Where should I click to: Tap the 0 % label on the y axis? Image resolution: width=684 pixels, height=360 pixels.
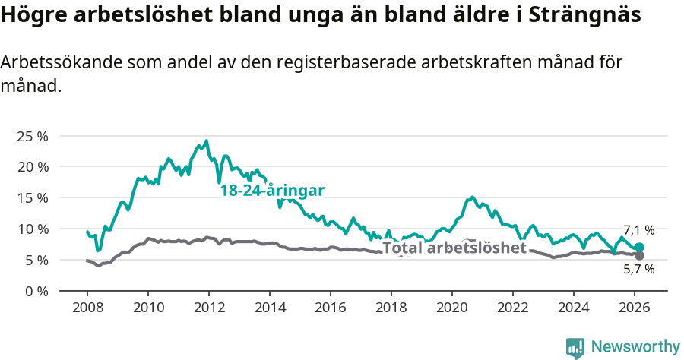pyautogui.click(x=37, y=291)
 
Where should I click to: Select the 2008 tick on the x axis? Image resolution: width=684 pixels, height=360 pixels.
pyautogui.click(x=87, y=307)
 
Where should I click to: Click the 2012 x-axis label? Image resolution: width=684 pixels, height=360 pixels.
pyautogui.click(x=209, y=307)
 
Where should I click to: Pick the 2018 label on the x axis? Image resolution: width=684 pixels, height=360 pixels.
pyautogui.click(x=391, y=307)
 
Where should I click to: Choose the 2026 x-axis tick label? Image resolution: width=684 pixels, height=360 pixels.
pyautogui.click(x=635, y=307)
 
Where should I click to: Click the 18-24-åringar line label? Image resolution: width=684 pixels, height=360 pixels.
pyautogui.click(x=272, y=191)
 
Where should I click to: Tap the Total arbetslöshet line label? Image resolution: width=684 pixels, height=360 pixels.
pyautogui.click(x=454, y=248)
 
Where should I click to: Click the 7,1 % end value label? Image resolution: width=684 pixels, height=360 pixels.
pyautogui.click(x=638, y=230)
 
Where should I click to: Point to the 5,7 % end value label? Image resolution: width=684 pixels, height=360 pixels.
pyautogui.click(x=638, y=269)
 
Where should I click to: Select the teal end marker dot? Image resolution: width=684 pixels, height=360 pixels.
pyautogui.click(x=639, y=247)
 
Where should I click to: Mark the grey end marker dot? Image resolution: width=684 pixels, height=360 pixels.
pyautogui.click(x=639, y=256)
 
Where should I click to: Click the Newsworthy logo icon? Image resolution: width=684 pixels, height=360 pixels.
pyautogui.click(x=575, y=347)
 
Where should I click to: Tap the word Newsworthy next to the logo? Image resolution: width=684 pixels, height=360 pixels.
pyautogui.click(x=635, y=347)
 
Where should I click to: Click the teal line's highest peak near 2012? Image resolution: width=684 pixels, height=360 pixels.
pyautogui.click(x=206, y=141)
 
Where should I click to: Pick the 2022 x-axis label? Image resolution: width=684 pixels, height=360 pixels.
pyautogui.click(x=513, y=307)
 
